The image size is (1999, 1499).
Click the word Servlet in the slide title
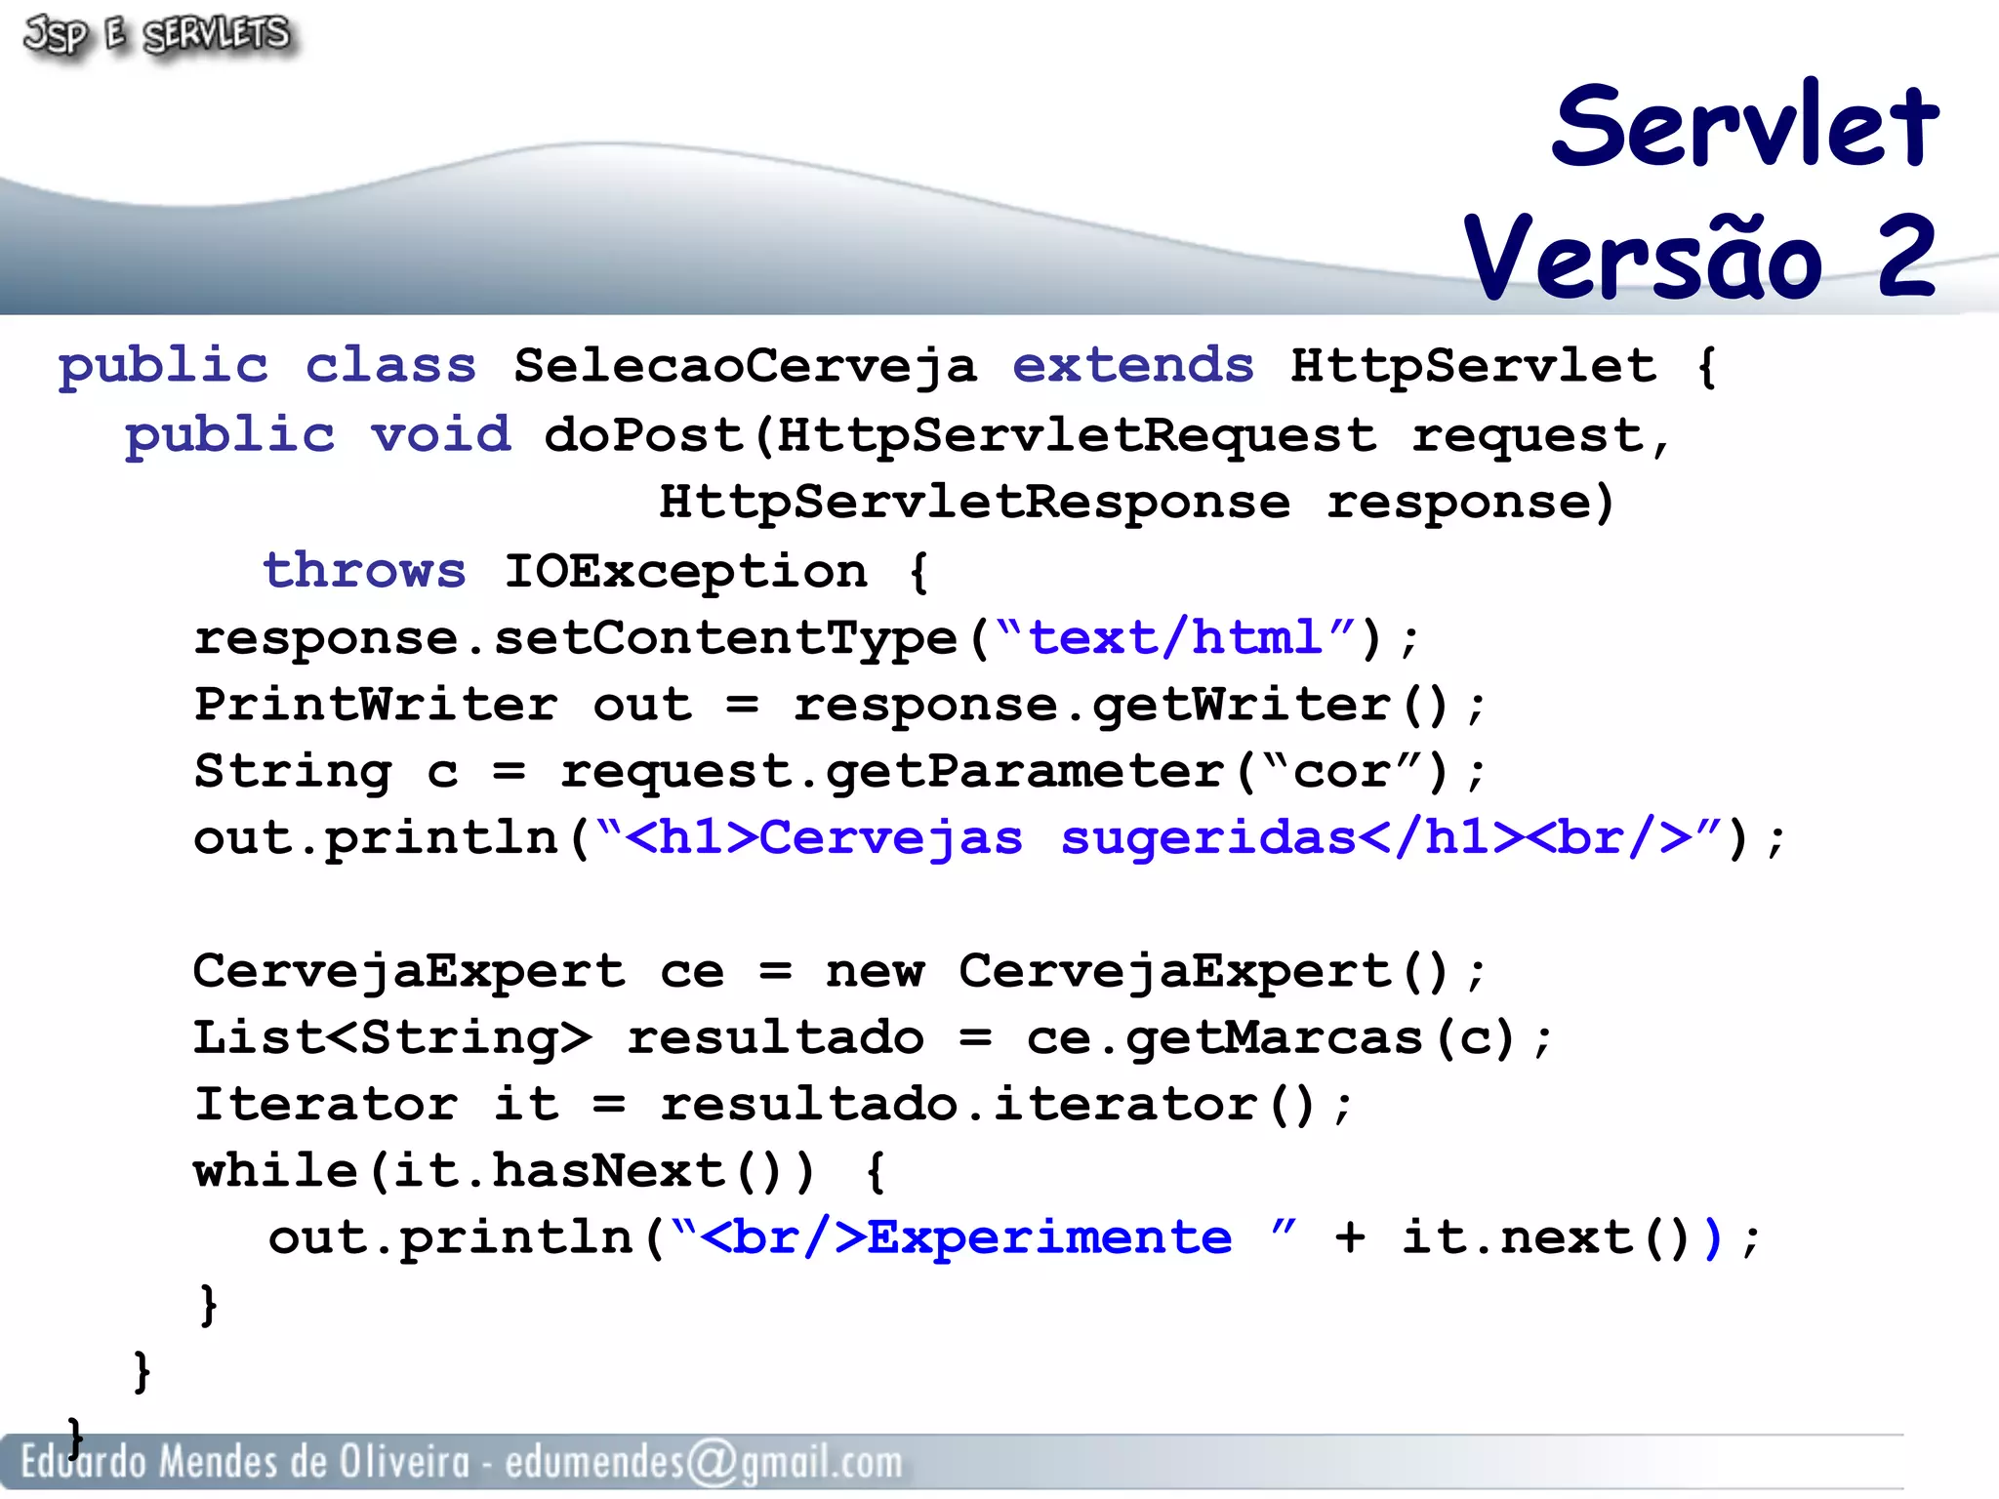tap(1745, 127)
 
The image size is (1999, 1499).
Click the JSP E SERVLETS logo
tap(156, 35)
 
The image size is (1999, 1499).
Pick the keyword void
tap(441, 434)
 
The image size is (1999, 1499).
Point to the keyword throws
tap(364, 570)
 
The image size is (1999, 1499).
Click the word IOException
tap(685, 572)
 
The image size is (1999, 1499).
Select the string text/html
tap(1175, 638)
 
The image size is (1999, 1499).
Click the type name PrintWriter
tap(376, 705)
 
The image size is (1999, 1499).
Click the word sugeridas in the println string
tap(1208, 838)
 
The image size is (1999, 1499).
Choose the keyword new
tap(875, 972)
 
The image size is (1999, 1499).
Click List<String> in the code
tap(391, 1038)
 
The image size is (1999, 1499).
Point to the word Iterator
tap(325, 1105)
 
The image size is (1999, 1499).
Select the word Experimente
tap(1049, 1238)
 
